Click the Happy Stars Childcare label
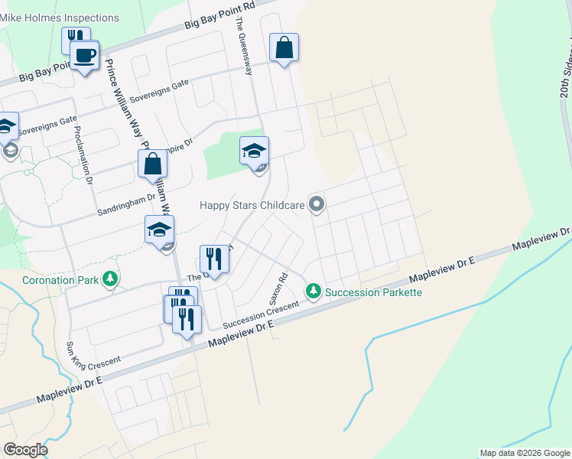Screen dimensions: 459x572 252,204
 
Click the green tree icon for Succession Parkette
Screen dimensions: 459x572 313,291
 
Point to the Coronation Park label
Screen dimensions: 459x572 60,280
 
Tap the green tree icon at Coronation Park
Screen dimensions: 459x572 112,279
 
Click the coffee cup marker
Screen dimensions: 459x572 84,55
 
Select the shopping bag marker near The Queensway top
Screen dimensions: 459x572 284,47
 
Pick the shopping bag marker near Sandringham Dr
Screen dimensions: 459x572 152,164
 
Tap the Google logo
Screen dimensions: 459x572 25,450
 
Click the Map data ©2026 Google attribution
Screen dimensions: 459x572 525,453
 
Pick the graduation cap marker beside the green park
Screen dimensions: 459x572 255,151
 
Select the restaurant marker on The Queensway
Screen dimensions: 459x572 215,259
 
